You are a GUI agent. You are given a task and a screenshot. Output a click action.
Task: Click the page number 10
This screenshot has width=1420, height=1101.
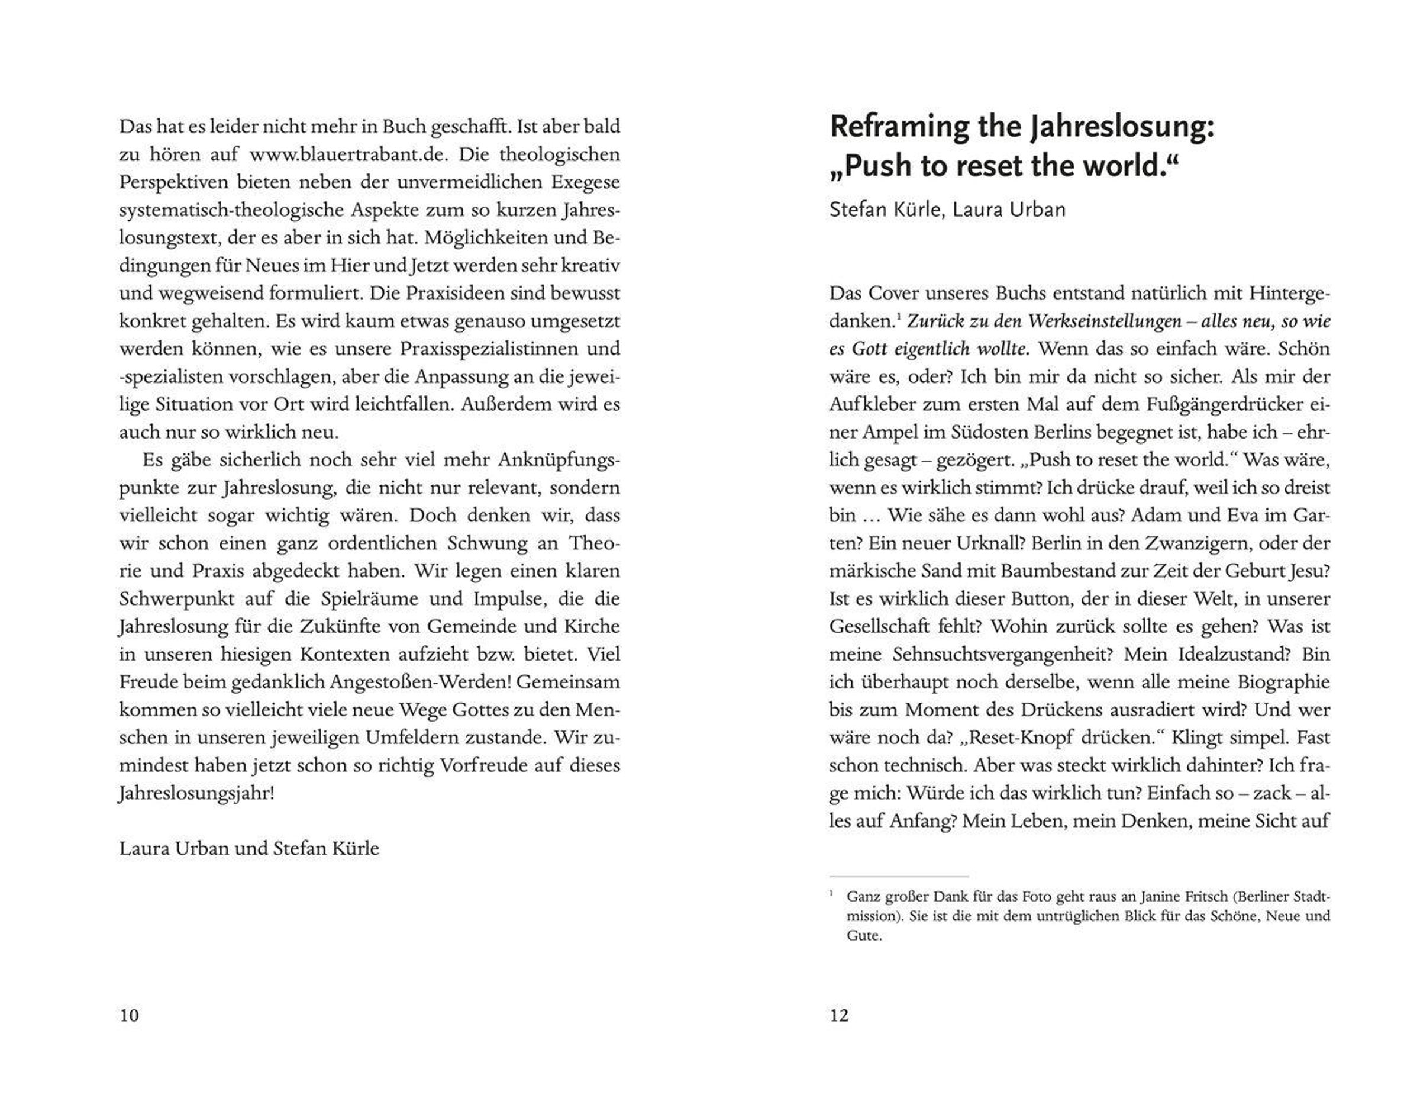point(130,1015)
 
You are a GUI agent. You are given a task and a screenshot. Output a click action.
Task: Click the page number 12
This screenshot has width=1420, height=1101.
point(839,1015)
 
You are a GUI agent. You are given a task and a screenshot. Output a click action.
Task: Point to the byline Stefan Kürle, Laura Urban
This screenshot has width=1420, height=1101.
point(947,210)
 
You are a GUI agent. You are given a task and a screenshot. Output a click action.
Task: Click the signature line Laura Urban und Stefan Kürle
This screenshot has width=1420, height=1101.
point(249,849)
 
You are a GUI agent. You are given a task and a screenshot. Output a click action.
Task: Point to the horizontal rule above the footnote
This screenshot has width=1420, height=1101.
point(899,877)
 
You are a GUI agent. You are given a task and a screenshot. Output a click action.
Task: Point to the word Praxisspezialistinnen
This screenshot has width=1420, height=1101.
point(488,349)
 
